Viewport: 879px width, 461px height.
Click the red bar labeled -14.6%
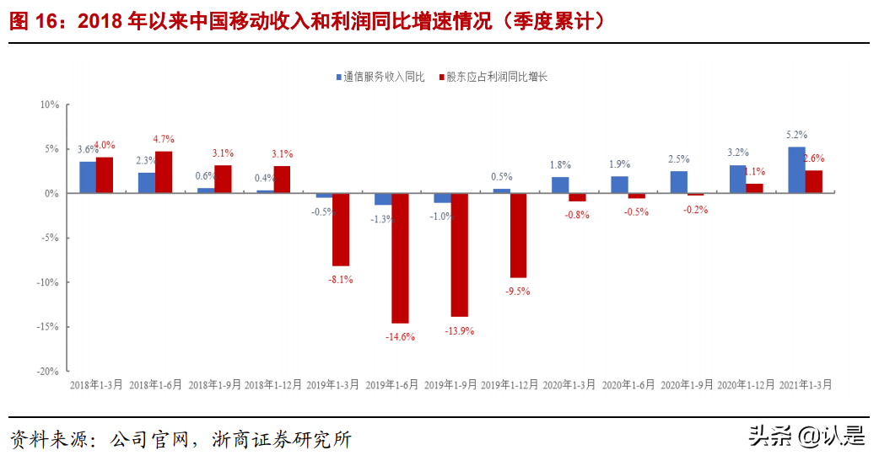[x=400, y=258]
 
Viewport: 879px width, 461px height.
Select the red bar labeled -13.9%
[x=459, y=255]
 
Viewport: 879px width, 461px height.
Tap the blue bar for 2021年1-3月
[x=796, y=170]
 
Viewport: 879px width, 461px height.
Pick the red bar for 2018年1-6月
[x=164, y=172]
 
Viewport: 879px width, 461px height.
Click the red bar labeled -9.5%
[x=518, y=235]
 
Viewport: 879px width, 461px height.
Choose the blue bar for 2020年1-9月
[x=678, y=182]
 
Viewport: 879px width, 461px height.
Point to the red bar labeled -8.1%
[x=341, y=229]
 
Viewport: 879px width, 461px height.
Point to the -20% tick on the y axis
[x=48, y=371]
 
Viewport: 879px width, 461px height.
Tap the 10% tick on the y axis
[x=49, y=105]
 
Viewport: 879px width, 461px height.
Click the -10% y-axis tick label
[x=48, y=282]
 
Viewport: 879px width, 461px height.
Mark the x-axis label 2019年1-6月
[x=391, y=383]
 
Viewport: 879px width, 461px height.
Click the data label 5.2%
[x=796, y=134]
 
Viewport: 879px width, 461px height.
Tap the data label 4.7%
[x=164, y=139]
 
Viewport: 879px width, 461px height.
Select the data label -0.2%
[x=696, y=210]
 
